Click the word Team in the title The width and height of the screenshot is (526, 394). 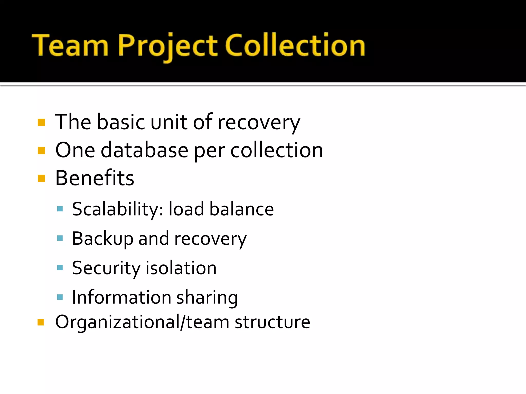pyautogui.click(x=70, y=45)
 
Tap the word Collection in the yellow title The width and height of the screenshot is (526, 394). pyautogui.click(x=295, y=45)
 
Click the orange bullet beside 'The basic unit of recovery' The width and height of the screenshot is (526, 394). pyautogui.click(x=41, y=122)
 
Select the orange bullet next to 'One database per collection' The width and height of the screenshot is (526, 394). pyautogui.click(x=41, y=150)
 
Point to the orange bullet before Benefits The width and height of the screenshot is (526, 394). pyautogui.click(x=41, y=178)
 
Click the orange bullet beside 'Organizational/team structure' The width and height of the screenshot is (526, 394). pyautogui.click(x=41, y=322)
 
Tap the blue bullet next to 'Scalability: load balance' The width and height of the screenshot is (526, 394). pyautogui.click(x=60, y=209)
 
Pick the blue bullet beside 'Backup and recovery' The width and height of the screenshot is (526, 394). pyautogui.click(x=60, y=238)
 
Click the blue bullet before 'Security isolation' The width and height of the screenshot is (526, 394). pyautogui.click(x=60, y=268)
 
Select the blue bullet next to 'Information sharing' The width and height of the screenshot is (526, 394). pyautogui.click(x=60, y=297)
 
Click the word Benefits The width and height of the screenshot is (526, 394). pyautogui.click(x=95, y=178)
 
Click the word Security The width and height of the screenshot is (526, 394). pyautogui.click(x=106, y=268)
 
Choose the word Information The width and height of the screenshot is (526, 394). pyautogui.click(x=121, y=297)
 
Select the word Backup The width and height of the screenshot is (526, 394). pyautogui.click(x=102, y=239)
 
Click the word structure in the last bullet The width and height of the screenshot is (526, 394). pyautogui.click(x=272, y=322)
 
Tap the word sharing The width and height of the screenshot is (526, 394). pyautogui.click(x=207, y=298)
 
